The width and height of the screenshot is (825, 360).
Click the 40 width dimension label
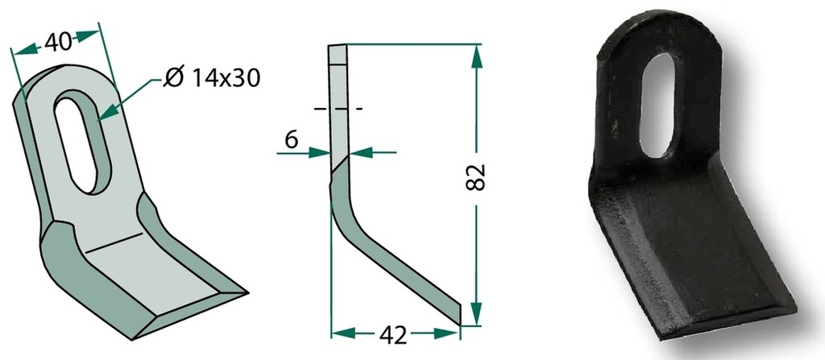[58, 42]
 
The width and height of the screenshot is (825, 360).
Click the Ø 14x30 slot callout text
[211, 78]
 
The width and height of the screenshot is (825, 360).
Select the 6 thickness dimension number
[292, 139]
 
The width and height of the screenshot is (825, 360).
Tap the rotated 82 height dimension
[476, 177]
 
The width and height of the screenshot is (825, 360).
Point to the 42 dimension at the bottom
[393, 335]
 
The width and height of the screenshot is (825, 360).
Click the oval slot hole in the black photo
[657, 105]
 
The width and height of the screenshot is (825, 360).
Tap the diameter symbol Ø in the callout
[174, 78]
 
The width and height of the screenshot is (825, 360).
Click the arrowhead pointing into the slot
[106, 112]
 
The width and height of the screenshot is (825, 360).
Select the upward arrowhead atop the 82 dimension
[476, 56]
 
